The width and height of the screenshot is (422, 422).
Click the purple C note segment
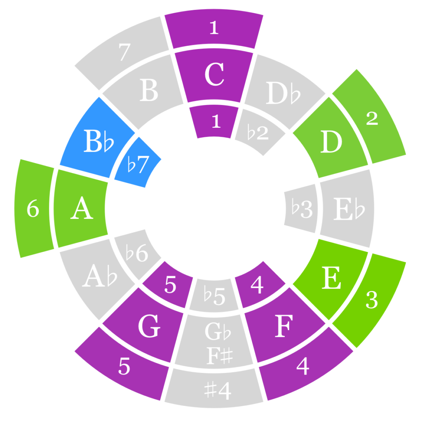pyautogui.click(x=214, y=76)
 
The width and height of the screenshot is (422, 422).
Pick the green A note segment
pyautogui.click(x=81, y=209)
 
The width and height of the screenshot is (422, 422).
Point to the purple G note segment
pyautogui.click(x=148, y=328)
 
